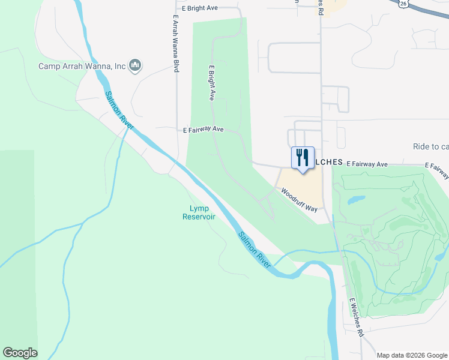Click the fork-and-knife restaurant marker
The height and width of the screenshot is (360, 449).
coord(303,158)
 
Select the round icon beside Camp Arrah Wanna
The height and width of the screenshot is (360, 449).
coord(135,65)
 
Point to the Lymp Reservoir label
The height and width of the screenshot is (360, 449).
coord(199,212)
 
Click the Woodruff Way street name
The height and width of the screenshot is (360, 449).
coord(299,199)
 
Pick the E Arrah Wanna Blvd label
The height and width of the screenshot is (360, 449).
coord(176,44)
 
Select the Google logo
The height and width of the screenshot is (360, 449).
coord(20,353)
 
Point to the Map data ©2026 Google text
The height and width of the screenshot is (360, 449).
coord(412,355)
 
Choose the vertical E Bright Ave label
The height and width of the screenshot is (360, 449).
coord(211,82)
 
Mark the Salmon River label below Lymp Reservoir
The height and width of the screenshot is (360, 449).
coord(254,249)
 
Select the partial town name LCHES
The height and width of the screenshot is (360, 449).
coord(328,163)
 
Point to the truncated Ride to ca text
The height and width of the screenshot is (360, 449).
coord(430,147)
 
